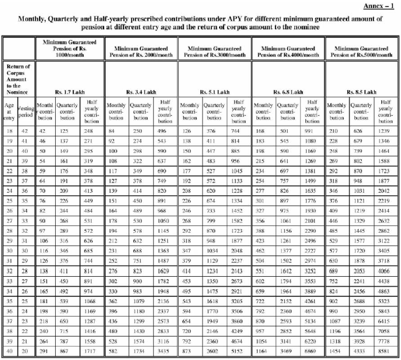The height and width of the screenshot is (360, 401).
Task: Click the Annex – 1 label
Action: pos(380,5)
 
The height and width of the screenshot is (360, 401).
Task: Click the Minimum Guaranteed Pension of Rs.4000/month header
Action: pos(288,51)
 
